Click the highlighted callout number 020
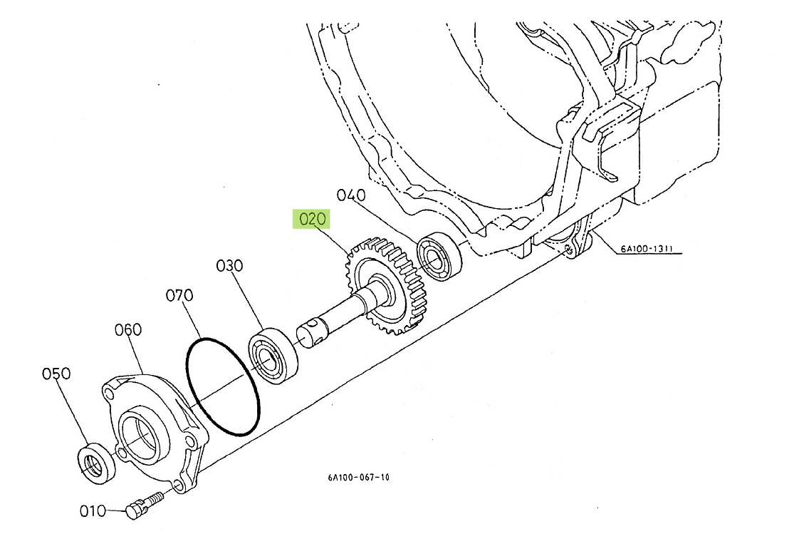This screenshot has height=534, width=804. pos(312,220)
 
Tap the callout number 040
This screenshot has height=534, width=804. pos(351,195)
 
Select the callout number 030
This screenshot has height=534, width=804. pos(229,265)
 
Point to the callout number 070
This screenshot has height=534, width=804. pos(179,295)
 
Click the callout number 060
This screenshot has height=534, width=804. pos(127,329)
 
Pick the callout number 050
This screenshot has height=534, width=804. pos(56,374)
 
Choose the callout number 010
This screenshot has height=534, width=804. pos(93,511)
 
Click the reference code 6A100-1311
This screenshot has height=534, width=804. pos(647,249)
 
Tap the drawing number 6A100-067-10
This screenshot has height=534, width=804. pos(359,477)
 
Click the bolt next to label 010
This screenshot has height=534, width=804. pos(144,504)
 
